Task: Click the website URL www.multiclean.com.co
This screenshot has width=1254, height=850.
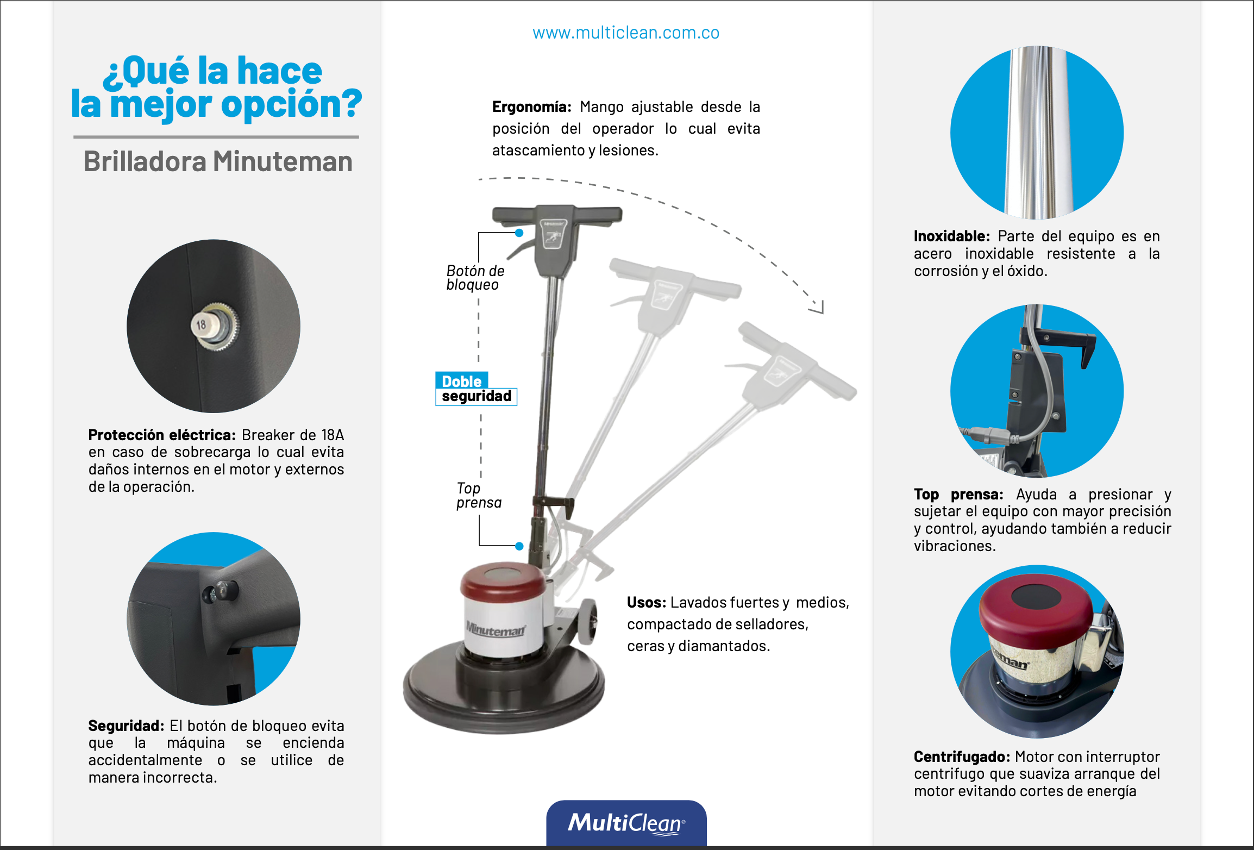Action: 626,33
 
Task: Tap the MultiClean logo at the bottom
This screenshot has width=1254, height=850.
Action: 626,823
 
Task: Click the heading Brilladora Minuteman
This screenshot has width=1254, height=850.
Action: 218,161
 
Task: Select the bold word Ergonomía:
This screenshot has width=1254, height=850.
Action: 531,107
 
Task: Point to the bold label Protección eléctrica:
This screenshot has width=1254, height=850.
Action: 162,435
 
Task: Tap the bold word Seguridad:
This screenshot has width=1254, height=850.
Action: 126,726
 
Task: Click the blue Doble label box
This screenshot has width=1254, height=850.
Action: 462,380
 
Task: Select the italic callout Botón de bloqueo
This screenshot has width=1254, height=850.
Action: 475,278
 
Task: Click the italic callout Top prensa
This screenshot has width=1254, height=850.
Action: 479,495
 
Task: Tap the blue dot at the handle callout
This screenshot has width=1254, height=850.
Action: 519,233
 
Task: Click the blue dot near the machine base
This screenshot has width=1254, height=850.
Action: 519,546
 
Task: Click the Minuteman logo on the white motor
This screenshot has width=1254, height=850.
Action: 496,629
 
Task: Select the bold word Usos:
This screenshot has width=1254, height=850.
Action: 647,602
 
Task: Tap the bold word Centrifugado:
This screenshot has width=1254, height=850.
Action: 962,757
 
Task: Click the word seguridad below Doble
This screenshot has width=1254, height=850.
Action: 476,396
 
